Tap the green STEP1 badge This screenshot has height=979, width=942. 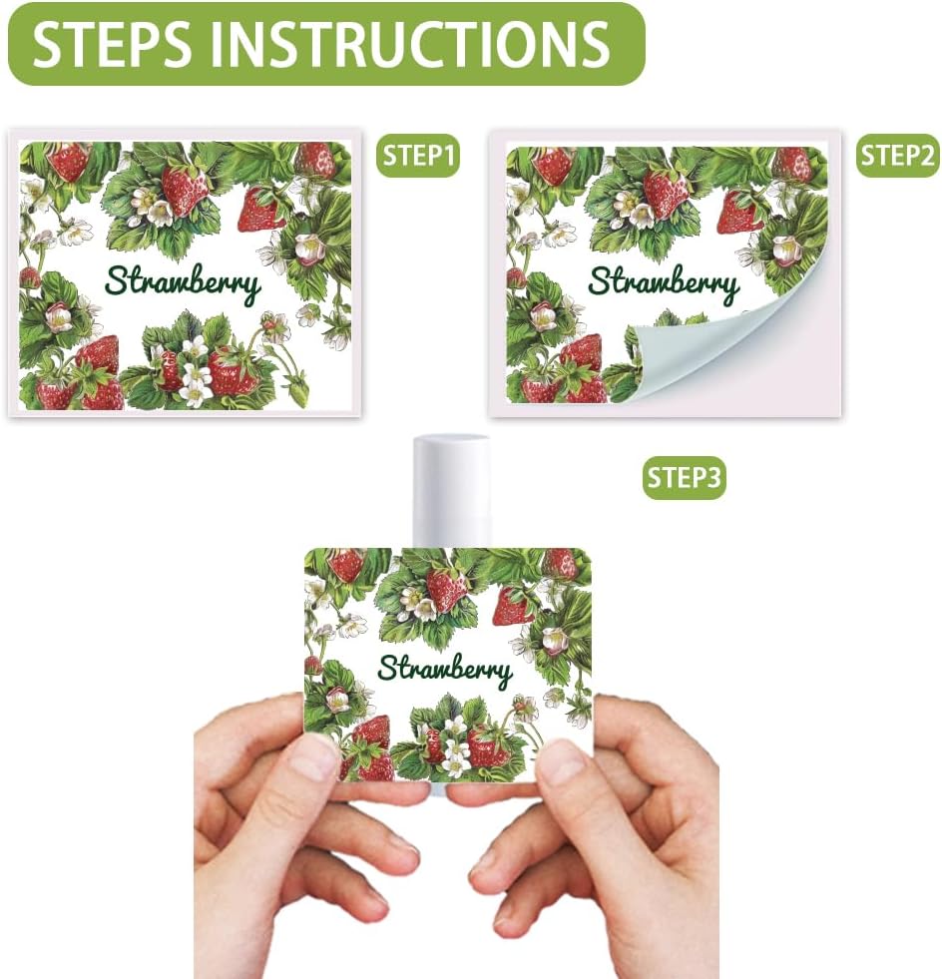tap(419, 157)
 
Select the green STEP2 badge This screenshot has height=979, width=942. tap(897, 156)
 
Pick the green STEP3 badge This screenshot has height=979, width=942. tap(684, 478)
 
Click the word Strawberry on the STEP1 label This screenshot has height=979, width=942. tap(183, 283)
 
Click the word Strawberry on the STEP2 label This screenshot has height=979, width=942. tap(664, 283)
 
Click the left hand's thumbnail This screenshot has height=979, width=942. tap(313, 757)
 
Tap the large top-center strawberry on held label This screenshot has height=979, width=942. tap(446, 588)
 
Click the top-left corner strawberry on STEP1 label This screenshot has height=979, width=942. tap(70, 161)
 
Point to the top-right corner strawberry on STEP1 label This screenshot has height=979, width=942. tap(316, 160)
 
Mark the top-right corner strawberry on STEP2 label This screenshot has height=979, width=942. tap(792, 163)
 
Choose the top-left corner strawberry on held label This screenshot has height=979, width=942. tap(346, 564)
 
